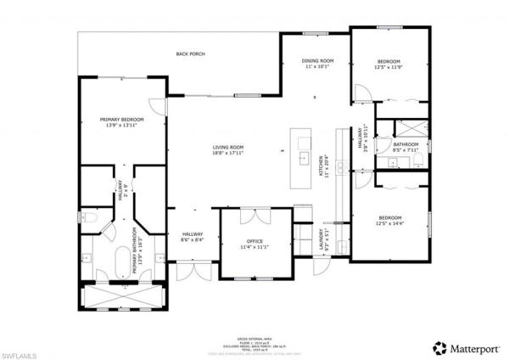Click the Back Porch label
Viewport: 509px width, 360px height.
(x=190, y=53)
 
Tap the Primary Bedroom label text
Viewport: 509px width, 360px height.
(x=121, y=120)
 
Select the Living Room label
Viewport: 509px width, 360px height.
(x=228, y=148)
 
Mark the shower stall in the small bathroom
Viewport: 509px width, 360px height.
(x=414, y=129)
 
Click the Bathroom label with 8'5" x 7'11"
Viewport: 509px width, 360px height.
(x=406, y=145)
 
